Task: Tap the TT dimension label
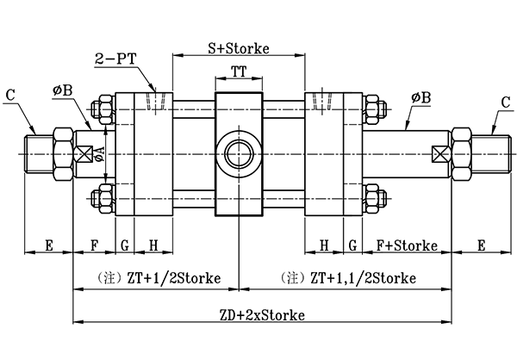point(239,74)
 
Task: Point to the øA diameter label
point(100,152)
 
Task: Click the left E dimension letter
point(48,245)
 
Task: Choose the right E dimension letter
point(481,245)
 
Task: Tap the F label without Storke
point(93,245)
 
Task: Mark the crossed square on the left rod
point(84,155)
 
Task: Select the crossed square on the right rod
point(440,155)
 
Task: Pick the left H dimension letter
point(153,245)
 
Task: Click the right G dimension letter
point(352,245)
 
